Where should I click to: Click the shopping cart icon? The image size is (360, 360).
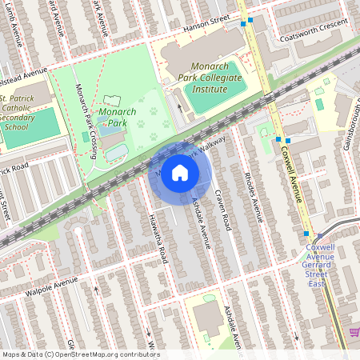coord(354,332)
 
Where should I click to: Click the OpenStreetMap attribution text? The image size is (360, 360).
coord(80,354)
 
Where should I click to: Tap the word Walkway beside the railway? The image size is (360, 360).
coord(210,146)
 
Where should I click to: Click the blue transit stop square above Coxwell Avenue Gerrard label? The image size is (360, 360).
coord(306,234)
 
